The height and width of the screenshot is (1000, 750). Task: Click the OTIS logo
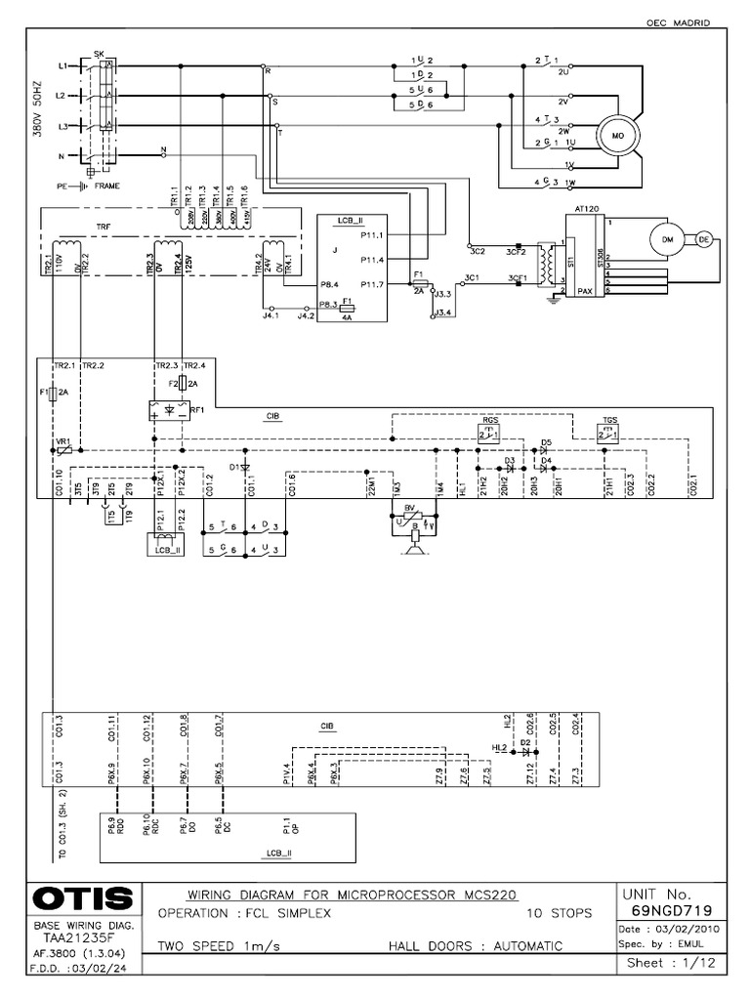[73, 897]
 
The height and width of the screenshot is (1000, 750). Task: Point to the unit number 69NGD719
[670, 910]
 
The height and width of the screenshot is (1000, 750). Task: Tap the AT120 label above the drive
[588, 209]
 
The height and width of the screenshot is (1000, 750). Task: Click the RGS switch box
[488, 432]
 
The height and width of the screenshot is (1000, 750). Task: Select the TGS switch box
[610, 432]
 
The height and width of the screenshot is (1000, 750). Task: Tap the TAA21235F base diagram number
[72, 935]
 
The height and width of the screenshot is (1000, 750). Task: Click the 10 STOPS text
[560, 914]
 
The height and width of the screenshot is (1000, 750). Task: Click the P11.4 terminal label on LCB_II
[371, 259]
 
